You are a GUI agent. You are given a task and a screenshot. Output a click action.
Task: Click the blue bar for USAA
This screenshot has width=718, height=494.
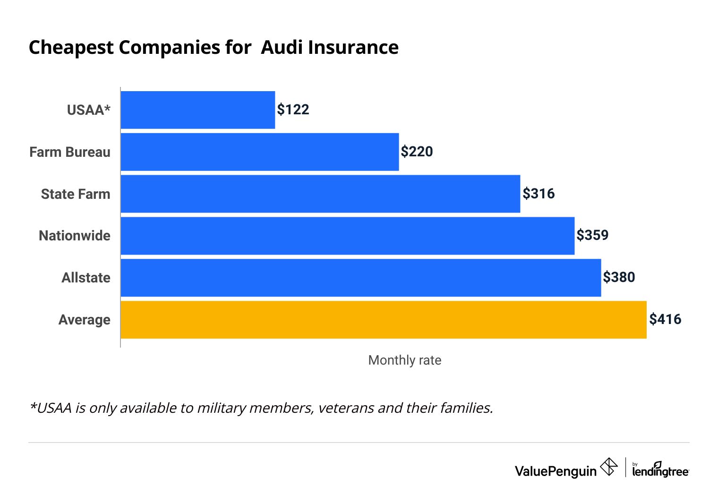point(197,110)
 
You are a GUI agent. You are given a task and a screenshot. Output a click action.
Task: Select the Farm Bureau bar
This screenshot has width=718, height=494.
point(259,152)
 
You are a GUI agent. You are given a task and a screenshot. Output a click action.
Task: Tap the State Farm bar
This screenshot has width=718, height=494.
point(320,194)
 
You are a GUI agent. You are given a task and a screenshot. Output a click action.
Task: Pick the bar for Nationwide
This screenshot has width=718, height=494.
point(347,236)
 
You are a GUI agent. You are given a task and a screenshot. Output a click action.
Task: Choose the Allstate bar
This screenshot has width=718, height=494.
point(360,278)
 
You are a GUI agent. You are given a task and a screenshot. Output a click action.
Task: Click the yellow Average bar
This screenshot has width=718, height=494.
point(383,320)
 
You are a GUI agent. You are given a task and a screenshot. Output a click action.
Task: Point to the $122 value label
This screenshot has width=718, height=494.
point(293,110)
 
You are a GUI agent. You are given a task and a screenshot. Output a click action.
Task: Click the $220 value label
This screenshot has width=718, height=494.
point(417,152)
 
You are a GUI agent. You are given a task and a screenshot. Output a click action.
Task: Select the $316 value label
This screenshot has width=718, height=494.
point(538,194)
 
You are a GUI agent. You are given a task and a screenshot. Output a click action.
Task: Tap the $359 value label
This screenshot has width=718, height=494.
point(592,235)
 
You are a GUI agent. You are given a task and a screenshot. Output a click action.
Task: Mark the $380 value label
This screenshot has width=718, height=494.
point(619,277)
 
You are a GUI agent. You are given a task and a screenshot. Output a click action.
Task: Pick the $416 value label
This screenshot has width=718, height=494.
point(665,319)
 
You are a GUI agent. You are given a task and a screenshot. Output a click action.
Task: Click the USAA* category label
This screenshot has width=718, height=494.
point(88,110)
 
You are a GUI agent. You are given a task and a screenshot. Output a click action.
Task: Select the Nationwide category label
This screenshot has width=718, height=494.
point(75,236)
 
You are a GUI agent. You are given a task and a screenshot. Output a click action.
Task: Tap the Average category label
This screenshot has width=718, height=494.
point(84,320)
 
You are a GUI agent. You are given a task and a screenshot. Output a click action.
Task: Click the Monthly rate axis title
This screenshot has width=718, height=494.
point(404,360)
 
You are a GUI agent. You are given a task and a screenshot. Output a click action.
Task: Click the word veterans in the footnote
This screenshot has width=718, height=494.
point(346,408)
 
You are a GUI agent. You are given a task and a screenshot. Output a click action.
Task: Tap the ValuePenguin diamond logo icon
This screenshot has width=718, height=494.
point(608,467)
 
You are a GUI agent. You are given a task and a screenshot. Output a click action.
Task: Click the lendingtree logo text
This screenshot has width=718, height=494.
point(660,471)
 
